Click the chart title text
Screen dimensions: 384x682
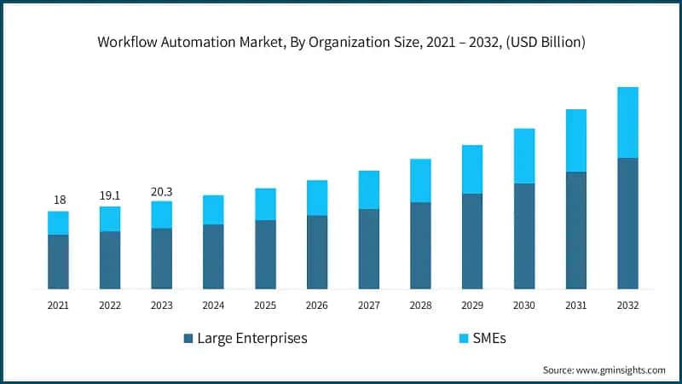341,40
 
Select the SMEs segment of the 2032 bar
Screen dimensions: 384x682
627,122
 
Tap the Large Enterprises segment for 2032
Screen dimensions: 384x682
627,223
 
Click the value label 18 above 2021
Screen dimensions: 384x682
59,200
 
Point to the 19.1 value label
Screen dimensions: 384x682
110,195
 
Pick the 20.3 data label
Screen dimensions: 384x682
161,190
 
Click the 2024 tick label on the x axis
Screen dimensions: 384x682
213,305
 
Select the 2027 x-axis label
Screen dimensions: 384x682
368,305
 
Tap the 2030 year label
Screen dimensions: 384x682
523,305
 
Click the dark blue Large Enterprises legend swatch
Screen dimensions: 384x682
188,339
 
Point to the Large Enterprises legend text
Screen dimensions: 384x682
251,339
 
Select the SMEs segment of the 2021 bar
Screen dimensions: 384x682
58,223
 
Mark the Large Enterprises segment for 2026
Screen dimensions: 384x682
317,252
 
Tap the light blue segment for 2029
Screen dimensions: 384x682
472,169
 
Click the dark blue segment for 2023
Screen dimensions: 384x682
162,259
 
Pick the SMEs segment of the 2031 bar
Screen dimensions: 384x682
575,140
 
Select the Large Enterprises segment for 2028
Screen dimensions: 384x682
420,245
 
